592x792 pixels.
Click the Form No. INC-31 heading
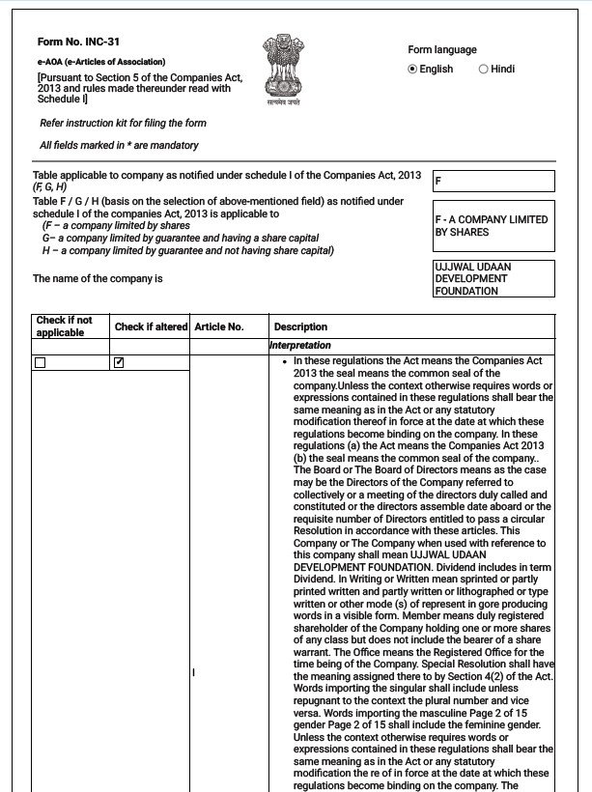tap(78, 43)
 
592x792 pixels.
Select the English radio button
tap(413, 70)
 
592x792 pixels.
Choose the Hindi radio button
tap(484, 70)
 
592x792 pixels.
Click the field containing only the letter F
tap(493, 182)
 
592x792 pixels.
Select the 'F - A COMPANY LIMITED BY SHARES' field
tap(493, 226)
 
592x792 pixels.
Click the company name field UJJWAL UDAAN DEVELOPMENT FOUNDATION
tap(493, 278)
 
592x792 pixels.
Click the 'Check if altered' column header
tap(151, 327)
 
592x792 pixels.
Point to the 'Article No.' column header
tap(218, 327)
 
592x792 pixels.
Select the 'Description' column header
tap(300, 327)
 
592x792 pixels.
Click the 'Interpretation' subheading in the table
tap(300, 346)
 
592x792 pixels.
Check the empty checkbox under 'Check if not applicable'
tap(40, 363)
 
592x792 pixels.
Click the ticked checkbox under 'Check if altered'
tap(119, 363)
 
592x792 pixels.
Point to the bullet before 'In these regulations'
tap(284, 361)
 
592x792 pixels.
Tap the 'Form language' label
tap(442, 50)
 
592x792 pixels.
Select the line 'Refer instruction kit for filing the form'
tap(123, 124)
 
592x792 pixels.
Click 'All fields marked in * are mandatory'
tap(119, 146)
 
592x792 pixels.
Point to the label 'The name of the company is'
tap(98, 279)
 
